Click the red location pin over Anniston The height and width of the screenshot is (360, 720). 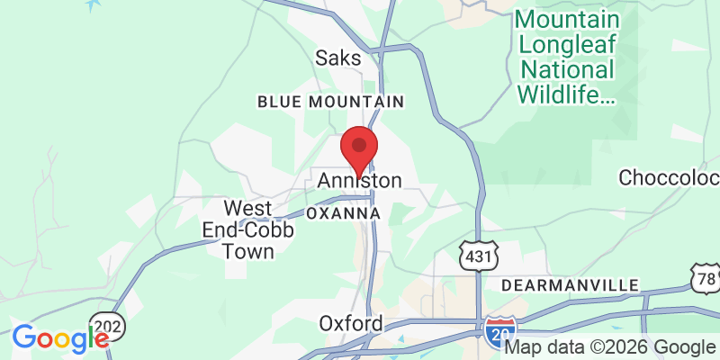pyautogui.click(x=359, y=149)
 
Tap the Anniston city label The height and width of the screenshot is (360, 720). pyautogui.click(x=359, y=182)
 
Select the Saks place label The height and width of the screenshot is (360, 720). pyautogui.click(x=337, y=58)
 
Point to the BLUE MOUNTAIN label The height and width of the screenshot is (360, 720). pyautogui.click(x=330, y=102)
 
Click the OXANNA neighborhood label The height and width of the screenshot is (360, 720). pyautogui.click(x=343, y=213)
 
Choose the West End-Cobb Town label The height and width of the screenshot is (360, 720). pyautogui.click(x=236, y=229)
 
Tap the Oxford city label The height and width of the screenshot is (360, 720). pyautogui.click(x=351, y=323)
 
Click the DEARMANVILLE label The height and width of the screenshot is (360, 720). pyautogui.click(x=570, y=285)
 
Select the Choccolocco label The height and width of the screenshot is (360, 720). pyautogui.click(x=670, y=175)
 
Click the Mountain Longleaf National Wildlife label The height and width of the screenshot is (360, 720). pyautogui.click(x=567, y=56)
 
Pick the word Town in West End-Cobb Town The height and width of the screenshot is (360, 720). pyautogui.click(x=248, y=251)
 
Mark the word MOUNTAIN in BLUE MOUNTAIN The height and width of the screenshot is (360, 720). pyautogui.click(x=359, y=102)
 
